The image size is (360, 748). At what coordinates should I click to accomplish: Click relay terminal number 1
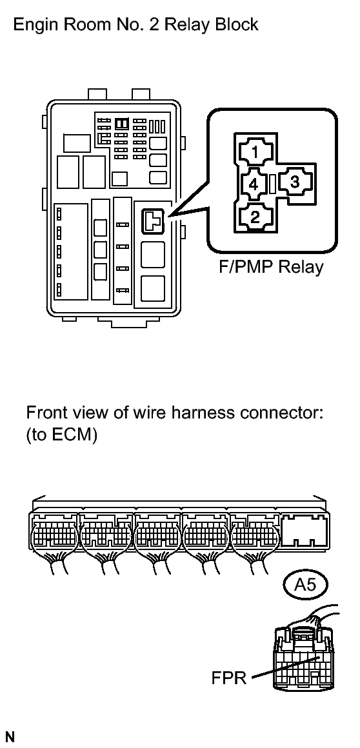click(x=255, y=153)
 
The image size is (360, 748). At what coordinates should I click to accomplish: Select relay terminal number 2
click(x=255, y=217)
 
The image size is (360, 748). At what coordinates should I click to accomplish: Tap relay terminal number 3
click(x=295, y=182)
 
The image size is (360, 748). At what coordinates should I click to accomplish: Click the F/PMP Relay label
click(x=271, y=266)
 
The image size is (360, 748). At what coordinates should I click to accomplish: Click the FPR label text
click(x=229, y=678)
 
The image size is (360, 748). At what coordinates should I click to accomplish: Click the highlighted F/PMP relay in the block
click(x=152, y=221)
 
